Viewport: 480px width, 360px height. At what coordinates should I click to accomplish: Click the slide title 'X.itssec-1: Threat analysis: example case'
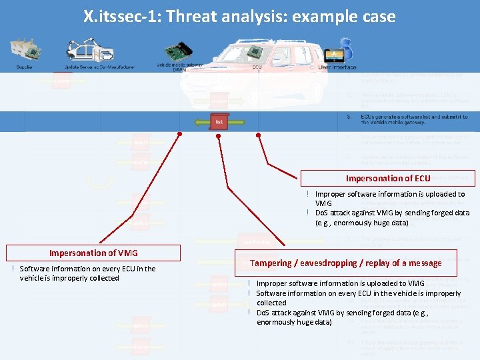click(x=239, y=16)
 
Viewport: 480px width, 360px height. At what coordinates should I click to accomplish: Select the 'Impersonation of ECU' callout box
click(x=387, y=178)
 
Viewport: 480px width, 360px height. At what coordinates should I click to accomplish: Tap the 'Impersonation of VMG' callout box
click(x=93, y=253)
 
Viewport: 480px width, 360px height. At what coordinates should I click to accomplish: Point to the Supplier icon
click(x=25, y=51)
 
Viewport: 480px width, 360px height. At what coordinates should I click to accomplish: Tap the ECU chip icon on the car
click(x=257, y=53)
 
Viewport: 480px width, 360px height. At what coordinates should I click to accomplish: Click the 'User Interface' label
click(x=337, y=67)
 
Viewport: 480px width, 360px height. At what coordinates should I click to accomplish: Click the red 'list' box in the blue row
click(x=219, y=122)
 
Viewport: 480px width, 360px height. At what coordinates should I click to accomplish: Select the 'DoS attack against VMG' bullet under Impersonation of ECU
click(x=391, y=218)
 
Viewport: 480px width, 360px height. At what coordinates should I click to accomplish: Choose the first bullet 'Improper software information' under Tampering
click(x=340, y=283)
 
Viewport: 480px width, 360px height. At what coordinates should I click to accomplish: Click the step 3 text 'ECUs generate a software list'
click(x=413, y=119)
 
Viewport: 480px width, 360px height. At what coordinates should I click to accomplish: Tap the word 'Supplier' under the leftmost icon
click(x=25, y=67)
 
